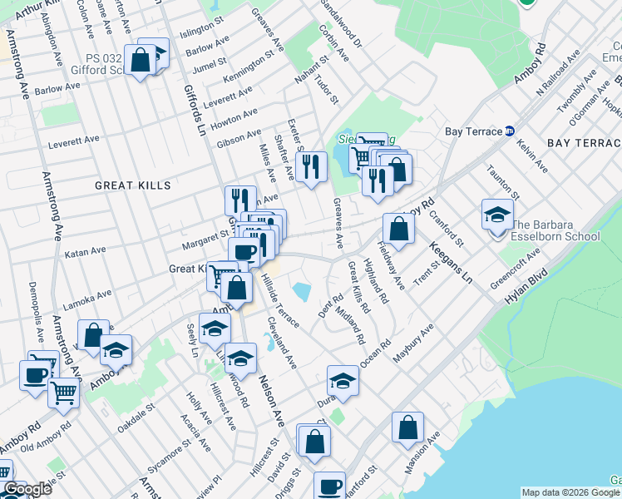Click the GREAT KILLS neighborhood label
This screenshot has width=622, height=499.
pyautogui.click(x=132, y=185)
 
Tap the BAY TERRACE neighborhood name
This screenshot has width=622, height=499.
pyautogui.click(x=584, y=143)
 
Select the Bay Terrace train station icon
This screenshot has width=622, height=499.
pyautogui.click(x=511, y=131)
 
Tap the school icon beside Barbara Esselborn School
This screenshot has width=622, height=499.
pyautogui.click(x=496, y=215)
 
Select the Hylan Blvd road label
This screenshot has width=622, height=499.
pyautogui.click(x=528, y=284)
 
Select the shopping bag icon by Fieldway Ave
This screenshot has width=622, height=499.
pyautogui.click(x=398, y=229)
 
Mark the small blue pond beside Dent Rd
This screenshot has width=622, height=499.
pyautogui.click(x=302, y=291)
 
